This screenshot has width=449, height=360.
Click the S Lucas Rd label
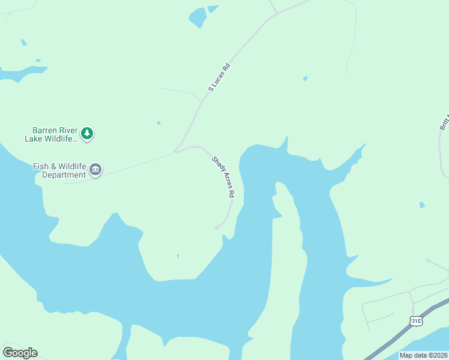pyautogui.click(x=219, y=78)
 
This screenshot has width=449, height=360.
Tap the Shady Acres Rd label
pyautogui.click(x=222, y=177)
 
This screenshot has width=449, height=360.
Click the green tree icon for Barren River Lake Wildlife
pyautogui.click(x=88, y=133)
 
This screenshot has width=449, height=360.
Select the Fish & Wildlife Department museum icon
pyautogui.click(x=95, y=170)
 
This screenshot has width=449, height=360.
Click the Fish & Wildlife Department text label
pyautogui.click(x=59, y=170)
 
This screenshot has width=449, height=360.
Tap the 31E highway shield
pyautogui.click(x=416, y=322)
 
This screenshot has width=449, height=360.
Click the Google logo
pyautogui.click(x=20, y=352)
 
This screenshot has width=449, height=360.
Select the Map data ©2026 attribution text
pyautogui.click(x=423, y=355)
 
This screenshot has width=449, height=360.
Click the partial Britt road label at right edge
pyautogui.click(x=444, y=120)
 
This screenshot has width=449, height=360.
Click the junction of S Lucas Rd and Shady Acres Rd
pyautogui.click(x=176, y=151)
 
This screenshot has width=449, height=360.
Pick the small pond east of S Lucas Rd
pyautogui.click(x=306, y=78)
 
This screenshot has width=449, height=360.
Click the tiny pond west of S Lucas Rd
pyautogui.click(x=158, y=123)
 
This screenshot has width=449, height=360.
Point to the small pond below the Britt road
pyautogui.click(x=422, y=205)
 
